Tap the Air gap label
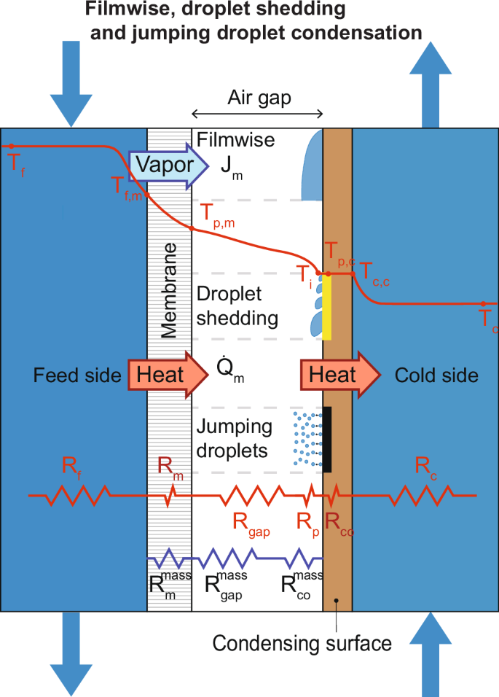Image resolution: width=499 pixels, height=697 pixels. pos(259,98)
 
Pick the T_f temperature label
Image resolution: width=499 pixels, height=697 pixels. pos(15,162)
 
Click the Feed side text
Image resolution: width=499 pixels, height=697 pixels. pos(77,375)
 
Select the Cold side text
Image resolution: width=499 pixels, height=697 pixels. pos(436,375)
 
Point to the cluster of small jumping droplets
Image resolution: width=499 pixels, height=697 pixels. pos(306,438)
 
